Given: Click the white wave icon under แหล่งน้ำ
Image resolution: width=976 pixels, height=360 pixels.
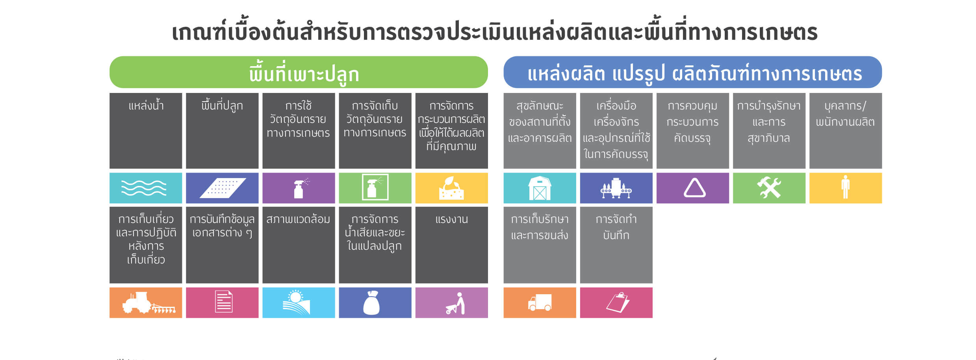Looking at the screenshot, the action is click(144, 188).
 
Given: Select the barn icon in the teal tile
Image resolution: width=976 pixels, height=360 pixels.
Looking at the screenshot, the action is click(540, 188).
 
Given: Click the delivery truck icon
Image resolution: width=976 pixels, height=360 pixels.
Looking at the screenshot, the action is click(540, 302).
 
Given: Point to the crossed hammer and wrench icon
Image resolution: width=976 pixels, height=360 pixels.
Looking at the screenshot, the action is click(769, 188).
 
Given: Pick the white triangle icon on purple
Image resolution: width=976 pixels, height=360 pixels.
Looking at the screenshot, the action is click(694, 187).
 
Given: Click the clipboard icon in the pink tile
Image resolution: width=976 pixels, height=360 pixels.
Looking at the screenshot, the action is click(618, 302).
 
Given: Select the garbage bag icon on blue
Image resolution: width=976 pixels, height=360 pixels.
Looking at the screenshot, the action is click(371, 302).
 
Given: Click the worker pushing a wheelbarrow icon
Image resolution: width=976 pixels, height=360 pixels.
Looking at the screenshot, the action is click(456, 303).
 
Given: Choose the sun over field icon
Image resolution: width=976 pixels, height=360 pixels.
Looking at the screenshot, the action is click(296, 302).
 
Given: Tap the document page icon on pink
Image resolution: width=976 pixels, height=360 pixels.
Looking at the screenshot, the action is click(224, 302).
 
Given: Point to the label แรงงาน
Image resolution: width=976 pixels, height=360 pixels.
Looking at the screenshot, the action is click(451, 219).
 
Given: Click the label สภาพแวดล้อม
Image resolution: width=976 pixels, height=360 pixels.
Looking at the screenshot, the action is click(298, 219).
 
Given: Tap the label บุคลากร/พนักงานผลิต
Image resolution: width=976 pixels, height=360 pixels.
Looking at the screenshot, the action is click(845, 114).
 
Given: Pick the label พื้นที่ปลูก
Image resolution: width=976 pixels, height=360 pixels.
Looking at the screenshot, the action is click(222, 106).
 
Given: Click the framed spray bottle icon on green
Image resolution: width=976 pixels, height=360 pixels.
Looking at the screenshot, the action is click(375, 187).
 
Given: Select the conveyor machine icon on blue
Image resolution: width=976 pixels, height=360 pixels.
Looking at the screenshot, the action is click(616, 188).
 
